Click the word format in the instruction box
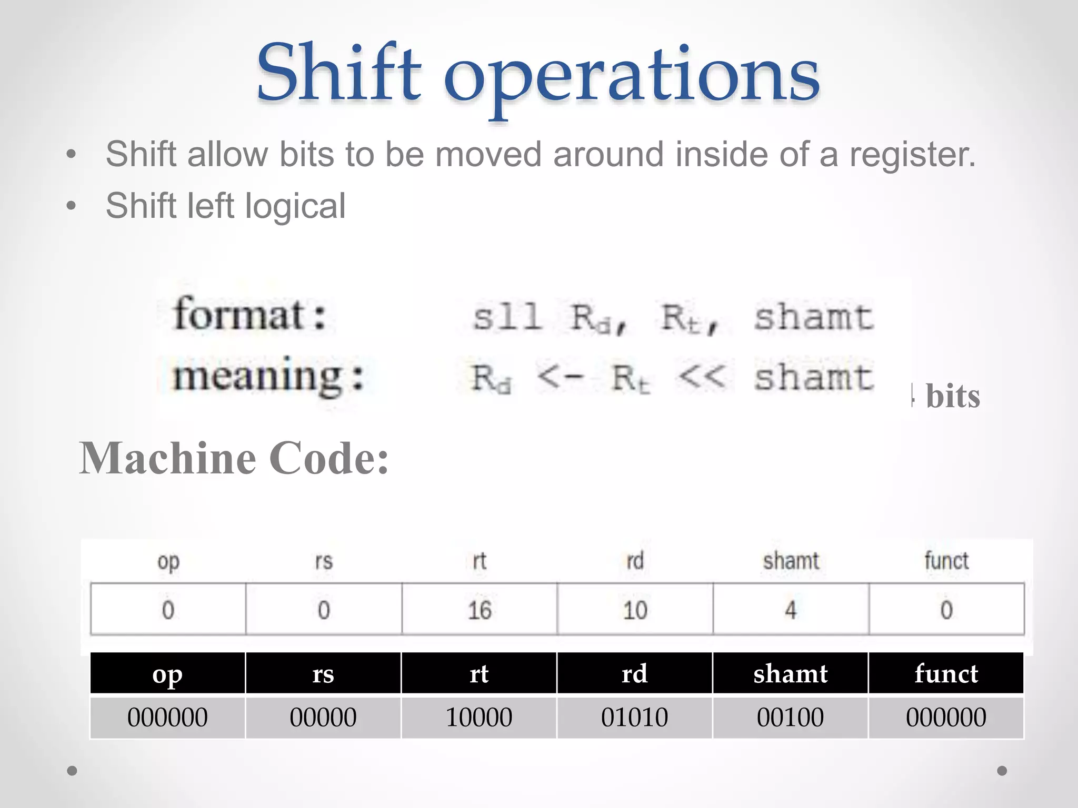(x=239, y=315)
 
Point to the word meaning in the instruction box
(x=258, y=376)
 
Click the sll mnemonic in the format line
(x=507, y=317)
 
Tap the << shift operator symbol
(x=702, y=377)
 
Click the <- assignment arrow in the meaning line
(x=560, y=377)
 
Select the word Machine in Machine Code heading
(x=168, y=459)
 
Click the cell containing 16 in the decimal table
(x=480, y=610)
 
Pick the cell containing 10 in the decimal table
(x=635, y=610)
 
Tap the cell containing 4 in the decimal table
(x=791, y=610)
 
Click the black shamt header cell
(x=790, y=674)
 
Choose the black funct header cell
(x=946, y=674)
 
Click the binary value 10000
(x=479, y=718)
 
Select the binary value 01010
(x=634, y=718)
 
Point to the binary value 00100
(x=790, y=718)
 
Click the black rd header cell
(x=634, y=674)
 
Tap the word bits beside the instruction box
(x=953, y=396)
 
